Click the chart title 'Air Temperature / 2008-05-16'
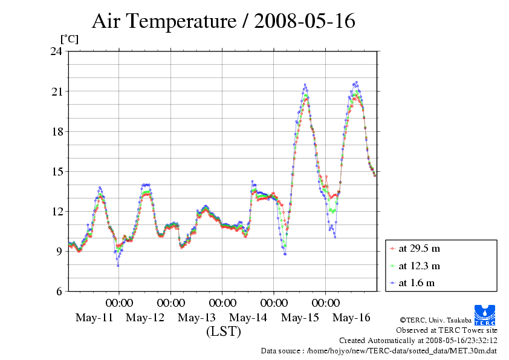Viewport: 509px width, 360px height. tap(223, 22)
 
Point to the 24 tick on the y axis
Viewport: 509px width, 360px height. tap(57, 51)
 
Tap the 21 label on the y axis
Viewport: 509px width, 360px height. tap(57, 91)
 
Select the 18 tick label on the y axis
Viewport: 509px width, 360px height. tap(57, 131)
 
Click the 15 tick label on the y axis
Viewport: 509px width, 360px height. tap(57, 171)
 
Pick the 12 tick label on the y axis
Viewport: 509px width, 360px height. tap(57, 211)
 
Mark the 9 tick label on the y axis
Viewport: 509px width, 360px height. tap(60, 251)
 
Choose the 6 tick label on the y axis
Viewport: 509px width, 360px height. tap(60, 291)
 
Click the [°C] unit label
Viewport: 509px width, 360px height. tap(69, 39)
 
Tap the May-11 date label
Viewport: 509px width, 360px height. tap(94, 318)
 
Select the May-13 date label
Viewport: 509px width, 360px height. tap(197, 318)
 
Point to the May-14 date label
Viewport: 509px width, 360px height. tap(248, 318)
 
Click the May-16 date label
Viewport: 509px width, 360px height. tap(351, 318)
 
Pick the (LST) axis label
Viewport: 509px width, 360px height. tap(223, 332)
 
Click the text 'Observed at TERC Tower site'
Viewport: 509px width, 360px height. tap(446, 330)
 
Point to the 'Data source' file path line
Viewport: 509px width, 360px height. tap(379, 350)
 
